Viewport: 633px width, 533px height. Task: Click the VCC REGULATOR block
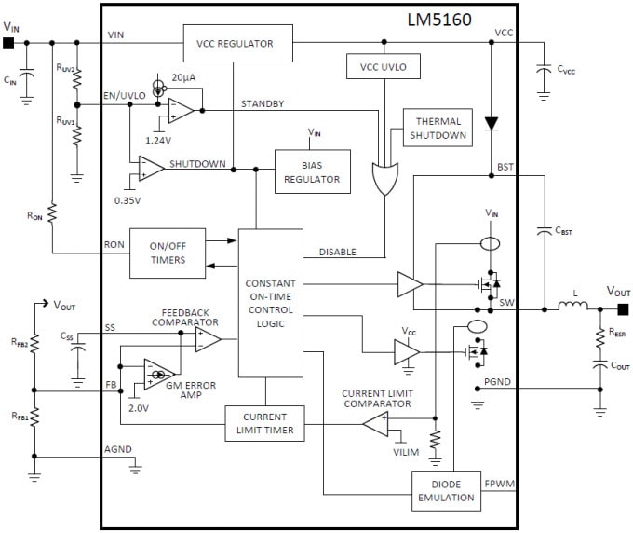coord(234,43)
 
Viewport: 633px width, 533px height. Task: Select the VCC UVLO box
coord(382,67)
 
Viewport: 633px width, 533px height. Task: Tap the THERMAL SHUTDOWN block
coord(438,127)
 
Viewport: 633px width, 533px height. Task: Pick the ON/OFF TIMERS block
coord(168,253)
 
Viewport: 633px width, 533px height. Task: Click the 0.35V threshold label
coord(128,199)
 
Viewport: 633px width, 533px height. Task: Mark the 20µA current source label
coord(183,78)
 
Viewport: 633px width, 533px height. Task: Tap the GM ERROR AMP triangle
coord(158,375)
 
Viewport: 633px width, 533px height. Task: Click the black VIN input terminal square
coord(8,43)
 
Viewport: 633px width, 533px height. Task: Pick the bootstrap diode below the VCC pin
coord(491,122)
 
